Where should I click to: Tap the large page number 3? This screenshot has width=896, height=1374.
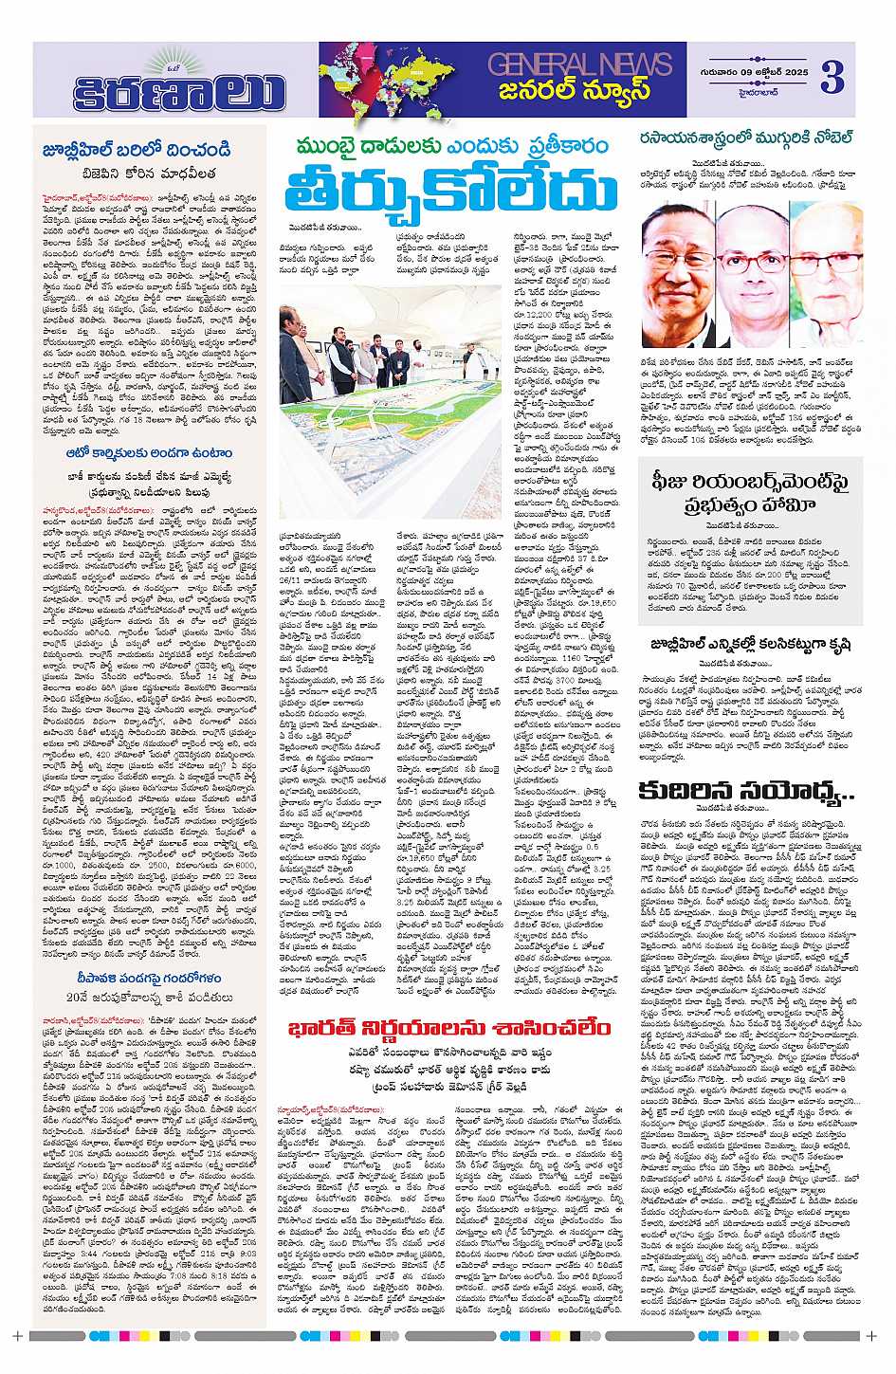tap(831, 77)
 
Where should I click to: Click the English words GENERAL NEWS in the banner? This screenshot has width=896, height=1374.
tap(579, 64)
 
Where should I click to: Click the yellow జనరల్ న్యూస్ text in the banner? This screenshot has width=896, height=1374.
tap(576, 91)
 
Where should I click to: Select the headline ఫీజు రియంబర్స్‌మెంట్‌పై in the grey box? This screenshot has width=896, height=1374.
tap(749, 483)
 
